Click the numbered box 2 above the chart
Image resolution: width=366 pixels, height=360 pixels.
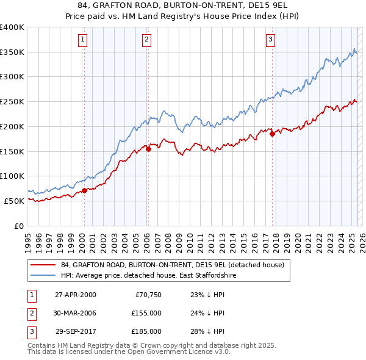[x=147, y=40]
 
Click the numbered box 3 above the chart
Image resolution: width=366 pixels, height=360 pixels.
[x=270, y=40]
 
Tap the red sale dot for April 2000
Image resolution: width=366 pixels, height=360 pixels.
[x=84, y=190]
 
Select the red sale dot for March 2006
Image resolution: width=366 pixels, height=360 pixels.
[x=148, y=148]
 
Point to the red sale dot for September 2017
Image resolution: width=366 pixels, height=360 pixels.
[x=272, y=134]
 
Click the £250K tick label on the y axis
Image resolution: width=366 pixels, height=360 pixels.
[x=12, y=101]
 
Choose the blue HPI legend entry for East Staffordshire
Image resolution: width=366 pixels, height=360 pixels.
[x=148, y=276]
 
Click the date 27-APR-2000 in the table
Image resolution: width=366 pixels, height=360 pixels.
[x=75, y=295]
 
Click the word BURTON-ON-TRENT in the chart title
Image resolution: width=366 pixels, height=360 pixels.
[x=201, y=7]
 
